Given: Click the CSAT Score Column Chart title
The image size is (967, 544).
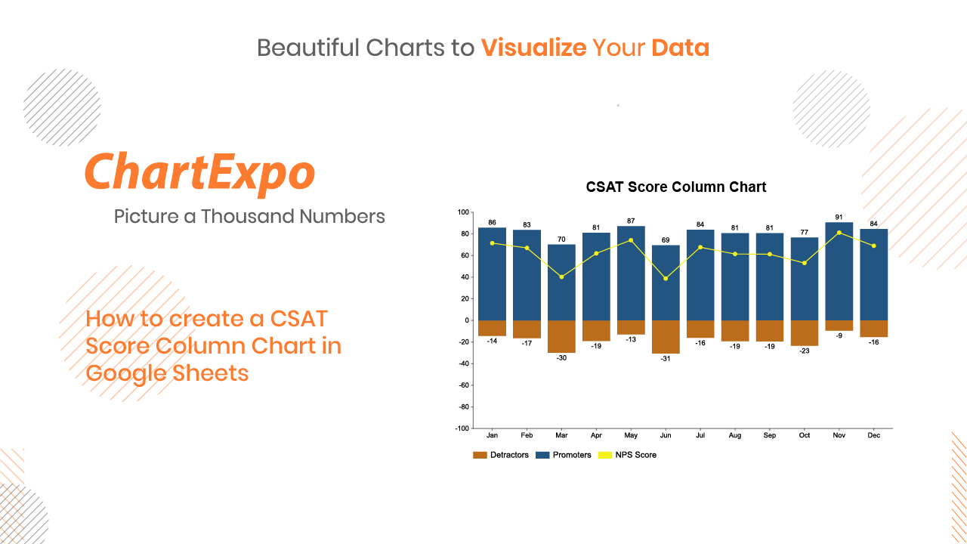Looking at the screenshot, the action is click(675, 187).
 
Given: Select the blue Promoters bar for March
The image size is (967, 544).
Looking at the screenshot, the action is click(561, 283).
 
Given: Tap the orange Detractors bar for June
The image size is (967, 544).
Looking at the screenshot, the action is click(666, 337).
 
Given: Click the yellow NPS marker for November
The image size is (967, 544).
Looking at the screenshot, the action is click(839, 233).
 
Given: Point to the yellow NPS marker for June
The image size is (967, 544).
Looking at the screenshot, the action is click(666, 279).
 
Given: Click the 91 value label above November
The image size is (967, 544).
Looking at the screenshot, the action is click(839, 217).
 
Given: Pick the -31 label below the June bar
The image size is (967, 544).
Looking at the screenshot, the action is click(666, 358).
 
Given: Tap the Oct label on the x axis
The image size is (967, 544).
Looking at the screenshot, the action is click(805, 435).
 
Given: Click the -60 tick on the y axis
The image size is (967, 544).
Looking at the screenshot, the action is click(464, 385).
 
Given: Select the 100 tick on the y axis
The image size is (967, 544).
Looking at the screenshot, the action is click(463, 212).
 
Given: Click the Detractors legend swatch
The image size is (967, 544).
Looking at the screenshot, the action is click(480, 455).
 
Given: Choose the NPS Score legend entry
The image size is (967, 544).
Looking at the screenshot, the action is click(627, 455).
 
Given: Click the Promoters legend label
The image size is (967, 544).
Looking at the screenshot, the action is click(572, 455).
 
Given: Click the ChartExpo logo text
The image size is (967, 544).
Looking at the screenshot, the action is click(200, 174).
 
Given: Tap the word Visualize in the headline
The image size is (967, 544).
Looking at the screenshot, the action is click(533, 48).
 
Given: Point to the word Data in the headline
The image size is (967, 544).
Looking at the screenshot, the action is click(681, 48).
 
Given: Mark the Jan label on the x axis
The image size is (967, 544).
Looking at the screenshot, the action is click(492, 435).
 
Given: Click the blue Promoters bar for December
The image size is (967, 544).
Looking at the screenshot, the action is click(874, 274).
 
